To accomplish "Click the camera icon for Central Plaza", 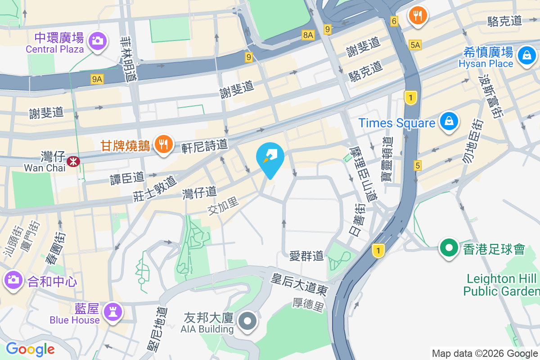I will (x=97, y=40).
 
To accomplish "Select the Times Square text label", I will (x=396, y=123).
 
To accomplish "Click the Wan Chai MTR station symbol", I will (x=72, y=160).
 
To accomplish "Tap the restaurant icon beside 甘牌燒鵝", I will (x=163, y=144).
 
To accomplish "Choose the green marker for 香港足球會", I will (x=449, y=248).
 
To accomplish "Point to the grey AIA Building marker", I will (x=247, y=322).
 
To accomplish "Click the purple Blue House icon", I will (x=111, y=311).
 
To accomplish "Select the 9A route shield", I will (x=97, y=80).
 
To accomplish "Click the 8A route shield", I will (x=308, y=35).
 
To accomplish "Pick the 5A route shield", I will (x=415, y=45).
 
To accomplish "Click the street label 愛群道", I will (x=306, y=256).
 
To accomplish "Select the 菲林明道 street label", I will (x=131, y=58).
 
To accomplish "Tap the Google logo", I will (x=30, y=349).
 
